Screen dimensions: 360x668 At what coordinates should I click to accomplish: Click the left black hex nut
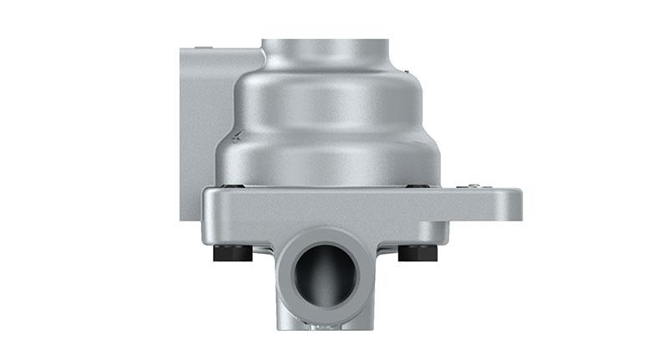click(233, 253)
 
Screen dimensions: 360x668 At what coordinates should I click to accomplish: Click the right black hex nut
click(417, 252)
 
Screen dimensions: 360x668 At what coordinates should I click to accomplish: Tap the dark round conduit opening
click(325, 275)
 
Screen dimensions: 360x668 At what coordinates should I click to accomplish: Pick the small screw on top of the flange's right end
click(474, 185)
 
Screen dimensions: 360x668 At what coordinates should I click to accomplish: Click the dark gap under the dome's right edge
click(417, 185)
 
